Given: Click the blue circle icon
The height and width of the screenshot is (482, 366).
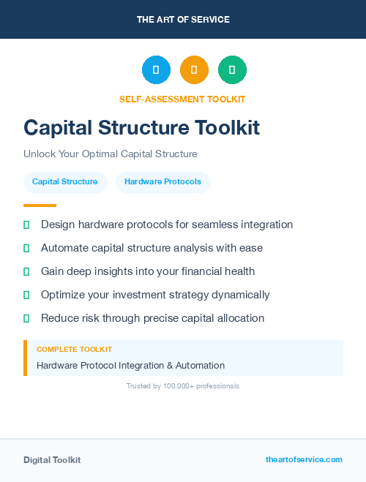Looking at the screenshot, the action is (156, 70).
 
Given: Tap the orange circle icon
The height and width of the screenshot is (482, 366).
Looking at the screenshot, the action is (194, 70).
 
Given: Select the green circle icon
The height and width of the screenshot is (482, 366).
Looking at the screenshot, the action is (232, 70).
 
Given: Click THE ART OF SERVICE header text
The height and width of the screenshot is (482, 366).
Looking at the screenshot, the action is (183, 20).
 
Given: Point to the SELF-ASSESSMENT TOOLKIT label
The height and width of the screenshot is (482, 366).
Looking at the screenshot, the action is (182, 99).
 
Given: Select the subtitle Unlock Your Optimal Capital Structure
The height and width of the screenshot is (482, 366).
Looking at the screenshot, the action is (111, 154).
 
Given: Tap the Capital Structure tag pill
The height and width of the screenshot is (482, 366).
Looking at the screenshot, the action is (65, 182).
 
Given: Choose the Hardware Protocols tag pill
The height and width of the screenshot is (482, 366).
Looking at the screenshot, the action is (163, 182).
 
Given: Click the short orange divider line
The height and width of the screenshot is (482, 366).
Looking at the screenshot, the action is (40, 206).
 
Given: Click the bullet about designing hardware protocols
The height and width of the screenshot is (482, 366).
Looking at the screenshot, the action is (167, 225).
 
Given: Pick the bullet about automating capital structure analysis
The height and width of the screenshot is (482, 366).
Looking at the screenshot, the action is (152, 248).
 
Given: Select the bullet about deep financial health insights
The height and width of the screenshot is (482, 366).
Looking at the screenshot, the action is (148, 271).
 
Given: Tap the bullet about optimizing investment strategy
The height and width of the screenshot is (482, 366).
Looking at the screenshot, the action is (155, 295).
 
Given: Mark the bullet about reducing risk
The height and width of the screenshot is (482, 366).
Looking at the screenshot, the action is (152, 318).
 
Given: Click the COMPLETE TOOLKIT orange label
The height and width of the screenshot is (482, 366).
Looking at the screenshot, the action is (74, 350).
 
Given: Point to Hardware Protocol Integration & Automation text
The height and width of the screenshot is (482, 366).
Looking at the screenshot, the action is (130, 365).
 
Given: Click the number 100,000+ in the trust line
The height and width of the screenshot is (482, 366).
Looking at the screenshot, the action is (173, 386).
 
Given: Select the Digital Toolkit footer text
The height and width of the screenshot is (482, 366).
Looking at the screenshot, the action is (52, 460).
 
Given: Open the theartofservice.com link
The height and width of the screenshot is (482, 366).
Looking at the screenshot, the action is (304, 459).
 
